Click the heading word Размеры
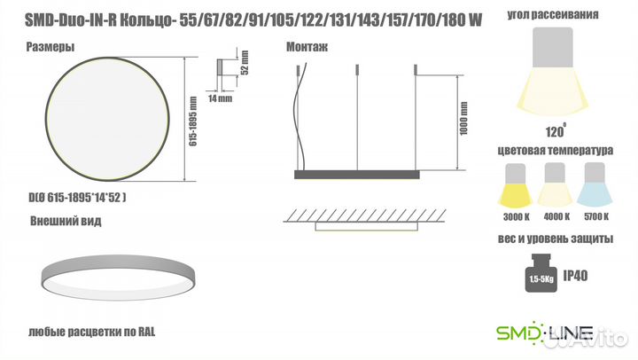click(x=50, y=47)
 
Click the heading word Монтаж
click(x=307, y=47)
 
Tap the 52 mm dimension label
click(x=245, y=62)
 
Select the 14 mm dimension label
click(x=220, y=98)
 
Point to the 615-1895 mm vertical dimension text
click(x=193, y=121)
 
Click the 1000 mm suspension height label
click(x=463, y=119)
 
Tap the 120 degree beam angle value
click(x=556, y=131)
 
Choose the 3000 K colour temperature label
click(x=517, y=217)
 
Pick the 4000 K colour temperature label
click(x=556, y=216)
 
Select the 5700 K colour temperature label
click(x=596, y=216)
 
